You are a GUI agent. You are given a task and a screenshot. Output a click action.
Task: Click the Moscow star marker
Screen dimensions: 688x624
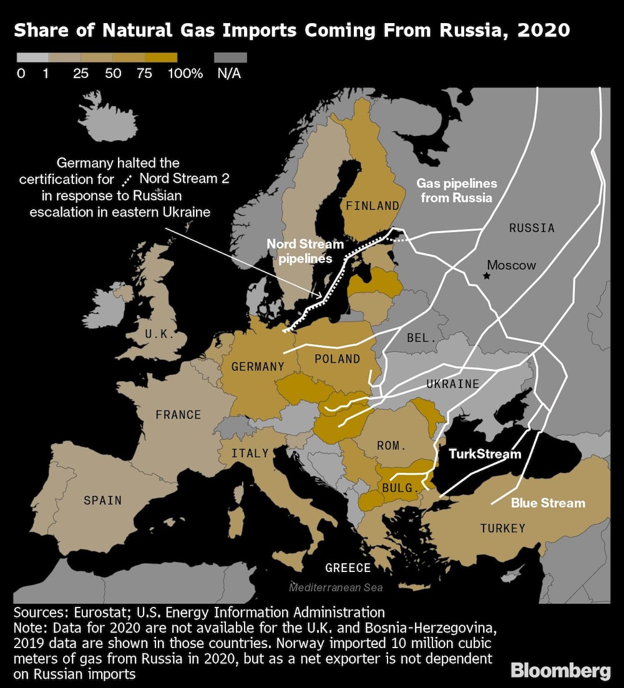point(487,275)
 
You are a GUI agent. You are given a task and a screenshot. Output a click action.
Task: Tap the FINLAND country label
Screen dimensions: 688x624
point(373,205)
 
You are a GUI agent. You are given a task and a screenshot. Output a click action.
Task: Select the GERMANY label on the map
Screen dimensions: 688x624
point(258,367)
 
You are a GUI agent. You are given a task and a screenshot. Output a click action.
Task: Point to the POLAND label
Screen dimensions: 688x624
point(337,359)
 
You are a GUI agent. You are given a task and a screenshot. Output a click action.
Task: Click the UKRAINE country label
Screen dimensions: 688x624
point(453,384)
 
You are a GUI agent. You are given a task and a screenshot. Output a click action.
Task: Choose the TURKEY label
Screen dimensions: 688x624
point(502,528)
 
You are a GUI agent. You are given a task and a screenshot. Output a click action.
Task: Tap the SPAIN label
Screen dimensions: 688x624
point(102,500)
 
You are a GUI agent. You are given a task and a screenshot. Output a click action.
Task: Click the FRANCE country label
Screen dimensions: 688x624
point(178,415)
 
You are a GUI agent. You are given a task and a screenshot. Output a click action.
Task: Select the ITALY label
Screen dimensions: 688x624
point(250,453)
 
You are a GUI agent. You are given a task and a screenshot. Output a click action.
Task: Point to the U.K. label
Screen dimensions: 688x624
point(160,334)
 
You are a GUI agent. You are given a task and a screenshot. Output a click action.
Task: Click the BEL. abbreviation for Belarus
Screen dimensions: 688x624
point(421,337)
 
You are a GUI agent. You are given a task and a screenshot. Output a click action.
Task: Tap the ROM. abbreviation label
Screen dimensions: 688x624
point(391,446)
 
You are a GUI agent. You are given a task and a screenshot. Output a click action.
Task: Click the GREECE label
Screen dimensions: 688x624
point(348,568)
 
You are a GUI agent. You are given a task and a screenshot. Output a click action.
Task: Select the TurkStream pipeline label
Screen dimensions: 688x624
point(485,453)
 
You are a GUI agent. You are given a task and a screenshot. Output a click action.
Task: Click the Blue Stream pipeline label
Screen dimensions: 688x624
point(548,503)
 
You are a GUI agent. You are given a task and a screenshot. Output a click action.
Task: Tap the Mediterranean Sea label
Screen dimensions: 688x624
point(336,588)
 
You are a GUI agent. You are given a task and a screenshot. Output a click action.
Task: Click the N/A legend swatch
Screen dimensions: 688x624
point(230,57)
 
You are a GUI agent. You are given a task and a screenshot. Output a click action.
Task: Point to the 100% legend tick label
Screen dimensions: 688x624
point(185,74)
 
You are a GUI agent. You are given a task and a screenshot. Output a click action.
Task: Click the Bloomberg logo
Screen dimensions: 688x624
point(560,671)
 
